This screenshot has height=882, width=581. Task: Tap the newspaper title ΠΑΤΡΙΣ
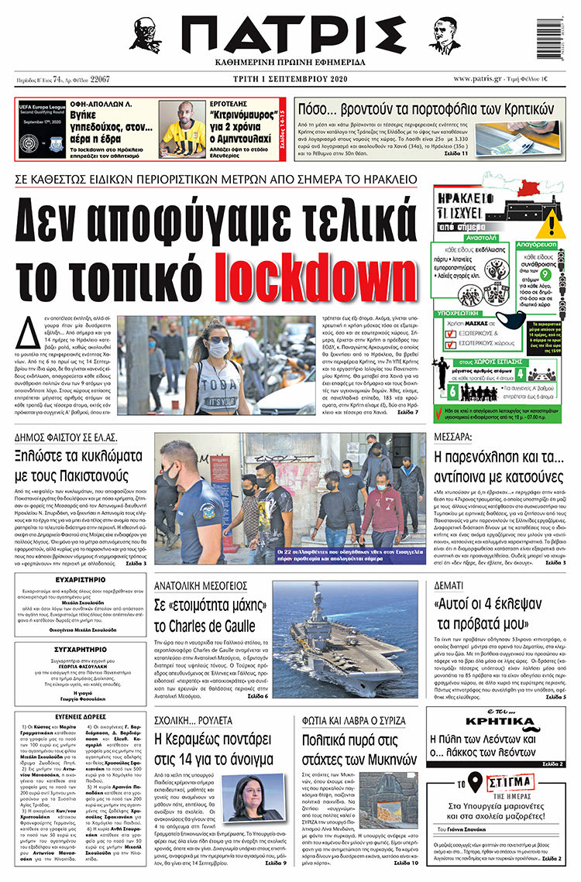tap(290, 36)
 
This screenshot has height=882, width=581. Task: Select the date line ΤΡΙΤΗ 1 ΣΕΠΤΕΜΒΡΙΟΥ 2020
tap(290, 80)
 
